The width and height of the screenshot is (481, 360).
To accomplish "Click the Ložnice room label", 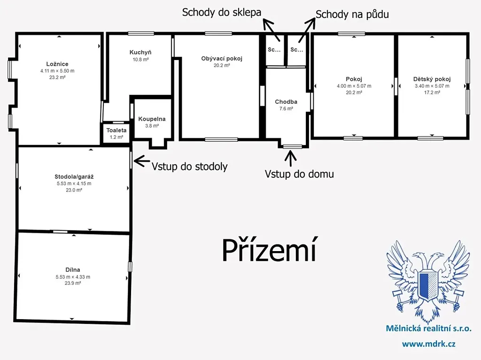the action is pyautogui.click(x=57, y=64).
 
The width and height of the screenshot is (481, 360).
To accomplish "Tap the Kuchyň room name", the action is pyautogui.click(x=140, y=53).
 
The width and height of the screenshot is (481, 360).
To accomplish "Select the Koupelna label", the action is pyautogui.click(x=152, y=119).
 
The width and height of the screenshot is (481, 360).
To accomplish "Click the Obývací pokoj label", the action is pyautogui.click(x=222, y=59).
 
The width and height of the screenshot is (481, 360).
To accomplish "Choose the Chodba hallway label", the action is pyautogui.click(x=286, y=102).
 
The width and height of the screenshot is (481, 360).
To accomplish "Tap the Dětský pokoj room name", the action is pyautogui.click(x=432, y=79).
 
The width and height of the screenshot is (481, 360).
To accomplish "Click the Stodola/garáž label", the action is pyautogui.click(x=74, y=176).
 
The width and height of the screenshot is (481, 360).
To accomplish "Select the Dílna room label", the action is pyautogui.click(x=73, y=270).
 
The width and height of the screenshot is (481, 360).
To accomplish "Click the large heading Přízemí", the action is pyautogui.click(x=269, y=249).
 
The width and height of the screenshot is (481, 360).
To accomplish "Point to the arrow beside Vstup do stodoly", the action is pyautogui.click(x=142, y=161).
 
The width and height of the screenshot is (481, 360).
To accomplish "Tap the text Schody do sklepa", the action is pyautogui.click(x=222, y=13).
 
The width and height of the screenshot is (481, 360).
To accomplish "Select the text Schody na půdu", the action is pyautogui.click(x=352, y=15).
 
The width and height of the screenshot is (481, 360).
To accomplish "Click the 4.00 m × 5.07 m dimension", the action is pyautogui.click(x=354, y=86).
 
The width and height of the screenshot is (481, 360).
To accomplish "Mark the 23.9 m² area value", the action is pyautogui.click(x=73, y=283).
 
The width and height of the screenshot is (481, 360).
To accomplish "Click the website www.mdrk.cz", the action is pyautogui.click(x=428, y=344).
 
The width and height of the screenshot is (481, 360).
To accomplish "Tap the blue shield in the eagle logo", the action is pyautogui.click(x=428, y=284).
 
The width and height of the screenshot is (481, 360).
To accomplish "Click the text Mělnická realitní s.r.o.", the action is pyautogui.click(x=428, y=329).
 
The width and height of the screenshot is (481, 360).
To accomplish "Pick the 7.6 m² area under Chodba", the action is pyautogui.click(x=286, y=108).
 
